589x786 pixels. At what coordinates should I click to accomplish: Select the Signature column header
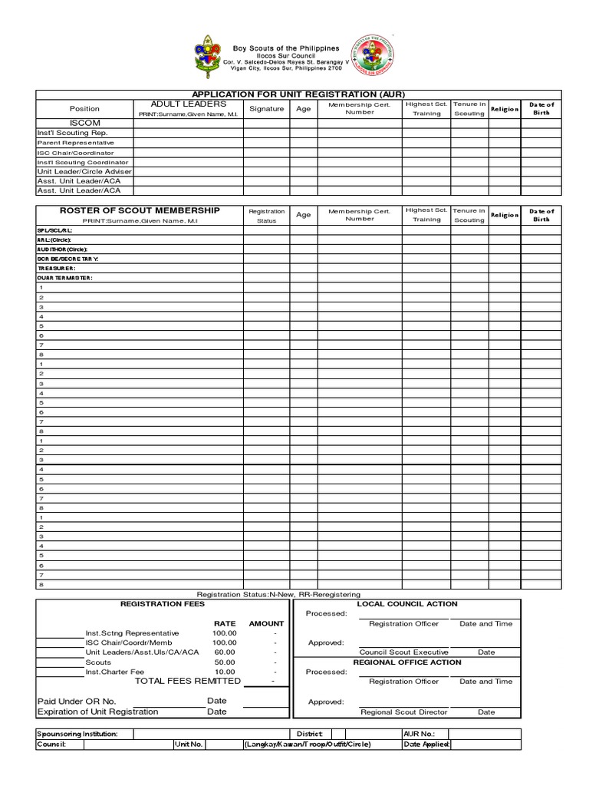(266, 109)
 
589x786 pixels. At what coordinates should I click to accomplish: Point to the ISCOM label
(85, 123)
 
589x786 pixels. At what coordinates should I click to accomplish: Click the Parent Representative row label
(76, 143)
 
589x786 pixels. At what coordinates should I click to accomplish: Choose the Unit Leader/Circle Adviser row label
(84, 171)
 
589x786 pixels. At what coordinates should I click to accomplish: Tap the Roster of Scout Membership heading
(140, 210)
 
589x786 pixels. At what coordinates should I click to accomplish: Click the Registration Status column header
(266, 215)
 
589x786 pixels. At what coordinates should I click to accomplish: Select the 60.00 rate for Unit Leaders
(225, 652)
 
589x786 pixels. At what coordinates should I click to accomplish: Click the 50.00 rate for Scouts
(225, 662)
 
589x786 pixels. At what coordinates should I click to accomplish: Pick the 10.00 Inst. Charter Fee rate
(225, 671)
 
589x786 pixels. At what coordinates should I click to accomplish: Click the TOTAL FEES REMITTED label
(188, 681)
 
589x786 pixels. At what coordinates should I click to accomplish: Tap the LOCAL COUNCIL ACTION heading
(407, 604)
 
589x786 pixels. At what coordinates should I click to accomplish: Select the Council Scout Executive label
(404, 652)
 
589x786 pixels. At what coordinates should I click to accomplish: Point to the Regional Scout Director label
(404, 712)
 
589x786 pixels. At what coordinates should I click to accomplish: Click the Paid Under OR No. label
(77, 701)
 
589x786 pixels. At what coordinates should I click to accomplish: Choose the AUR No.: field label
(418, 734)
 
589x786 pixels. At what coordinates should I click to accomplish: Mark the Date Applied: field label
(426, 745)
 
